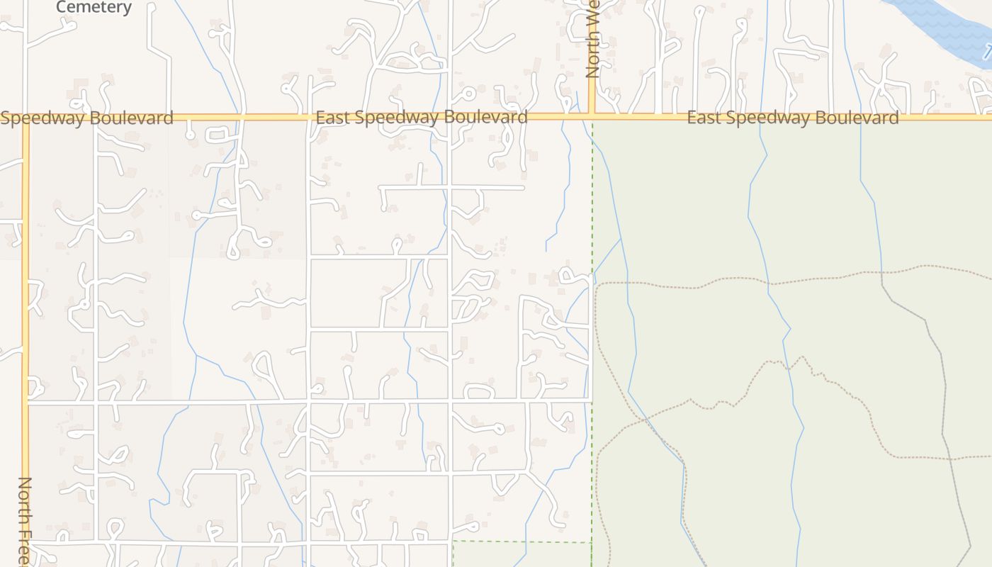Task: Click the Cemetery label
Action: [x=94, y=7]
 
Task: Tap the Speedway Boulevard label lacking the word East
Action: [x=86, y=118]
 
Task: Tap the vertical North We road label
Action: [x=592, y=39]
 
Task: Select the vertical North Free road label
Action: [x=25, y=521]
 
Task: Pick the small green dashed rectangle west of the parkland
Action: [x=522, y=554]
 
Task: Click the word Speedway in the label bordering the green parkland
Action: [x=767, y=118]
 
